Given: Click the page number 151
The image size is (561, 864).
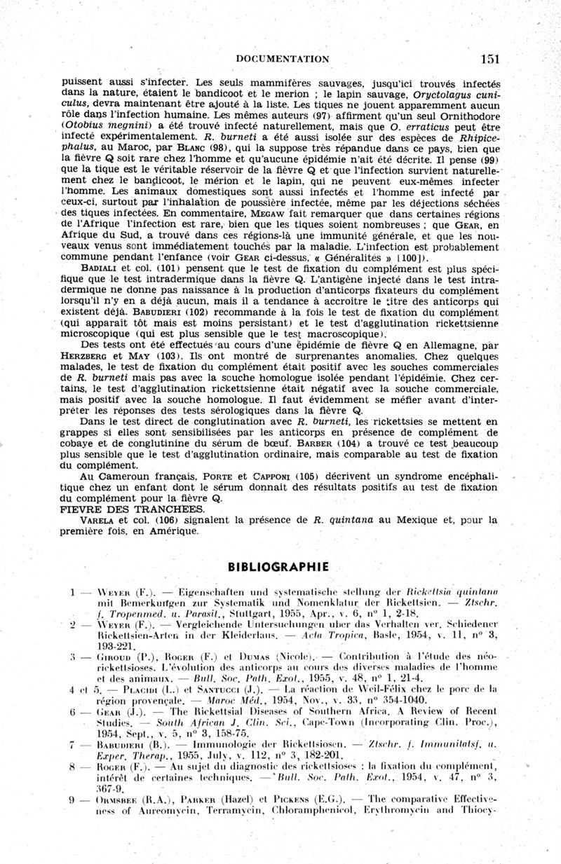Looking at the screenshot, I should click(x=489, y=59).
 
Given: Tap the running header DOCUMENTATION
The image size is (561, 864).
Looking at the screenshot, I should click(x=283, y=59).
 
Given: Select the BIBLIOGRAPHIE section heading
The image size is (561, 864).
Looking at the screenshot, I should click(x=280, y=565).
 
